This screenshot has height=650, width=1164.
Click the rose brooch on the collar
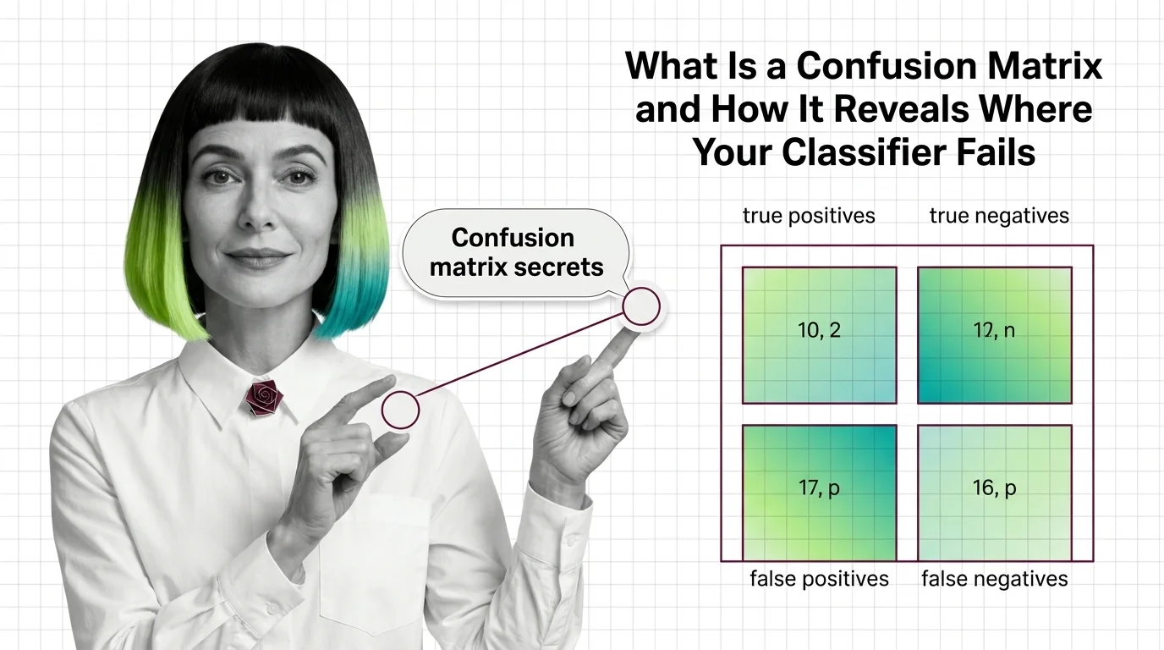264,398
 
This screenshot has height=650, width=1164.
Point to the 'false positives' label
819,579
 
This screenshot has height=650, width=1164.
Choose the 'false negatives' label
995,579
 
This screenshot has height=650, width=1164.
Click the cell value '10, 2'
819,330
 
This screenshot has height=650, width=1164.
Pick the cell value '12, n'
994,330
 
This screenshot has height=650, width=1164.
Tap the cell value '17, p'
819,488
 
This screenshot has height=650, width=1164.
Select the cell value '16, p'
994,488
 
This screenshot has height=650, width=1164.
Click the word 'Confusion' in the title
887,65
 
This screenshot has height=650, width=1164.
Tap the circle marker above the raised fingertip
641,306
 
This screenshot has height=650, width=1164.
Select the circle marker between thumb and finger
400,410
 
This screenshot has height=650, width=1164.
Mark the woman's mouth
258,256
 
